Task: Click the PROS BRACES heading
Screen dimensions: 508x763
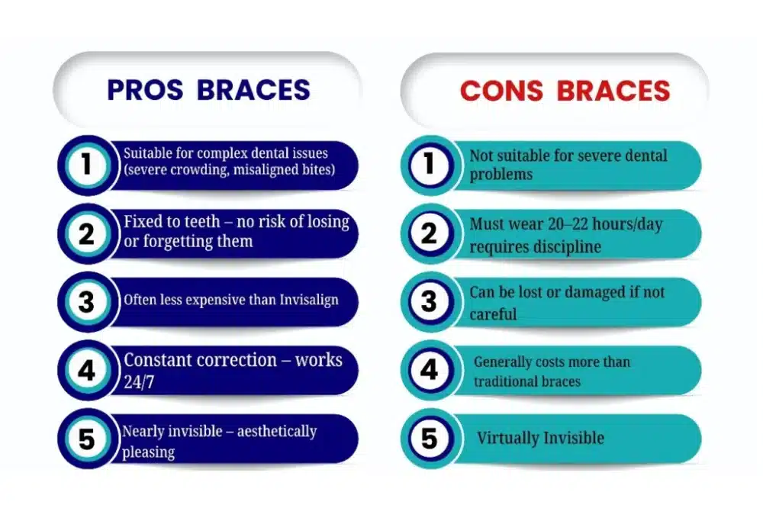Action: tap(208, 90)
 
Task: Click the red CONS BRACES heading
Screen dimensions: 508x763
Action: tap(565, 91)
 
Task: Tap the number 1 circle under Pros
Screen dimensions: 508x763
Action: tap(86, 165)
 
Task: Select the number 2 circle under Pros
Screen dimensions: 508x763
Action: tap(86, 233)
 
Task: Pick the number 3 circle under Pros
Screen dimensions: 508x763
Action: tap(86, 301)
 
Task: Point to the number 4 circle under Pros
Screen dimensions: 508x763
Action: tap(86, 369)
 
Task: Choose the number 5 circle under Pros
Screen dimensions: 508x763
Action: tap(86, 438)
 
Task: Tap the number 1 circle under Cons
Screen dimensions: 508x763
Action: tap(429, 165)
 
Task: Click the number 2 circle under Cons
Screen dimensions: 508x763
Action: tap(429, 233)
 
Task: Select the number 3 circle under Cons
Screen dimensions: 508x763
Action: tap(429, 301)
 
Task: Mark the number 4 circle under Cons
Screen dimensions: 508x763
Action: tap(429, 369)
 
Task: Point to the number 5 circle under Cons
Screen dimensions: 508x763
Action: tap(429, 438)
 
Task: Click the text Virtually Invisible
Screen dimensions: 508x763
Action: tap(540, 439)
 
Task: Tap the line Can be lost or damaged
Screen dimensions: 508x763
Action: tap(567, 292)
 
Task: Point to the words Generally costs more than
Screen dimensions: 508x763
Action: tap(552, 362)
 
